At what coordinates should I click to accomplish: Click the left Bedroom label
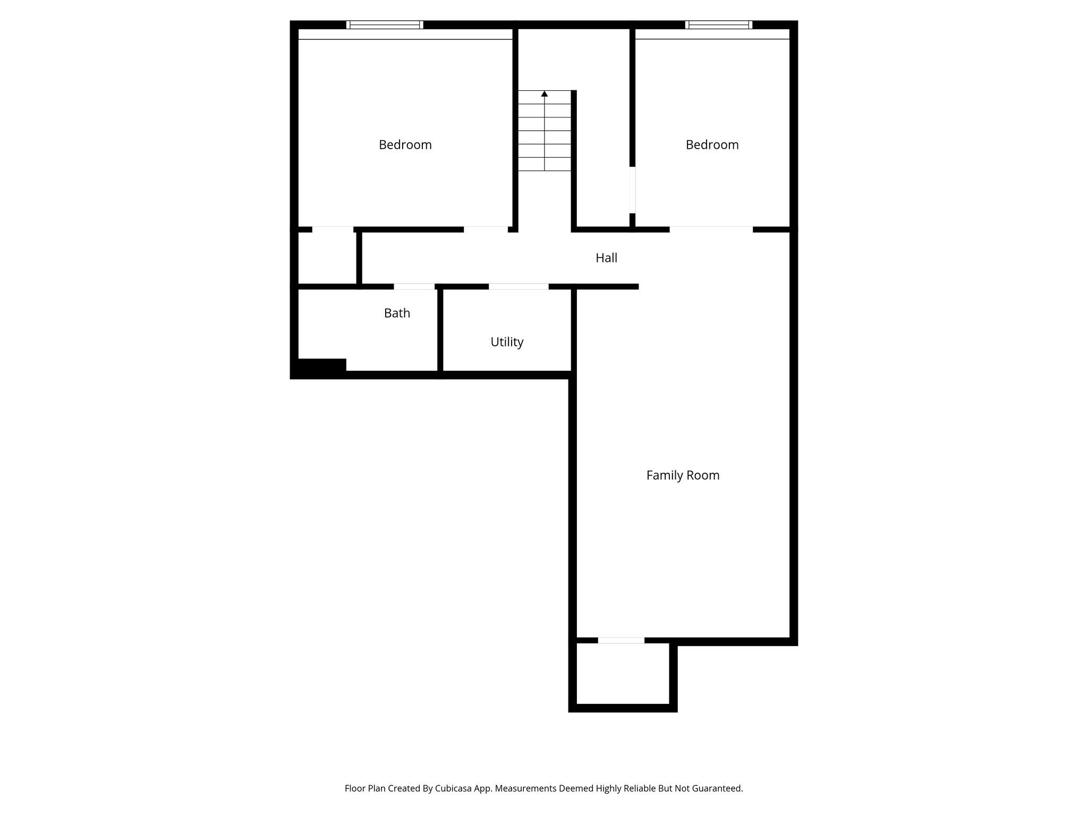click(x=405, y=144)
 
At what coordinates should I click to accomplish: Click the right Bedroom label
click(x=712, y=144)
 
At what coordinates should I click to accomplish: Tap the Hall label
click(x=606, y=258)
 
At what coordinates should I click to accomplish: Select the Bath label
click(x=397, y=313)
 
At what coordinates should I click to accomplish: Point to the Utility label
click(x=507, y=342)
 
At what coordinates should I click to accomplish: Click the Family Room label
click(x=683, y=475)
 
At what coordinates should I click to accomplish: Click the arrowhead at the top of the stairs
click(x=545, y=94)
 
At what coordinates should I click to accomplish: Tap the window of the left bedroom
click(x=385, y=24)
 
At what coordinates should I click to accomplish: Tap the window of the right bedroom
click(x=719, y=24)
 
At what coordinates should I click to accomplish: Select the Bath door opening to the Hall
click(x=414, y=287)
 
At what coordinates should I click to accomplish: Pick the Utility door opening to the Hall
click(x=518, y=287)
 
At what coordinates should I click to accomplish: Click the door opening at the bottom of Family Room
click(x=621, y=641)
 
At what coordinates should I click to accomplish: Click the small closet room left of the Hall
click(x=327, y=258)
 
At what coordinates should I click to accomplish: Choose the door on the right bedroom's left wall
click(x=632, y=190)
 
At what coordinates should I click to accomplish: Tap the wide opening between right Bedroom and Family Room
click(x=711, y=229)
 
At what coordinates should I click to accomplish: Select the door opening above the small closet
click(x=333, y=229)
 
